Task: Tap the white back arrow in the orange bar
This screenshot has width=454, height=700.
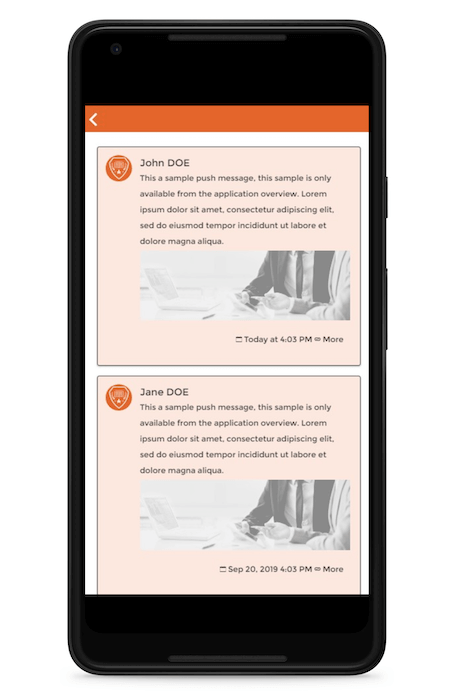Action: (93, 120)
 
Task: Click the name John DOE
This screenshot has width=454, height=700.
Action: (165, 163)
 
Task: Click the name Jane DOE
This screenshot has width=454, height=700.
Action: (164, 392)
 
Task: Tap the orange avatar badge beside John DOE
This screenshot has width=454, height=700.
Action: (118, 168)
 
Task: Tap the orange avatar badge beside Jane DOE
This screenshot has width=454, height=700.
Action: (118, 397)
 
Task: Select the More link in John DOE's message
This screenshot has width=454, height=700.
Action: (333, 339)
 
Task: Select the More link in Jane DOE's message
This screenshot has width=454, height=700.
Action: (333, 569)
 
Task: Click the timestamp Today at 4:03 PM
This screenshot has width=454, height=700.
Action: (278, 339)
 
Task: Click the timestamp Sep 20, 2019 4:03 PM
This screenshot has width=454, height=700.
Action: (270, 569)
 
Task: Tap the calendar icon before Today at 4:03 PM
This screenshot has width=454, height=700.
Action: (239, 340)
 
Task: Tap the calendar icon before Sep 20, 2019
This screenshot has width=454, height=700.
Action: (223, 569)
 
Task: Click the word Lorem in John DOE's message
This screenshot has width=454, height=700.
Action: (314, 194)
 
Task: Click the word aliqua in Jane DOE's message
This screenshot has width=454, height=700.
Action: (209, 471)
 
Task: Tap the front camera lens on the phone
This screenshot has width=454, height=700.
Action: (116, 49)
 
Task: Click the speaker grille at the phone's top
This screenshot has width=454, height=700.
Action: (227, 38)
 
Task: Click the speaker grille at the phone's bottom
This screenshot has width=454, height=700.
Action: (227, 659)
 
